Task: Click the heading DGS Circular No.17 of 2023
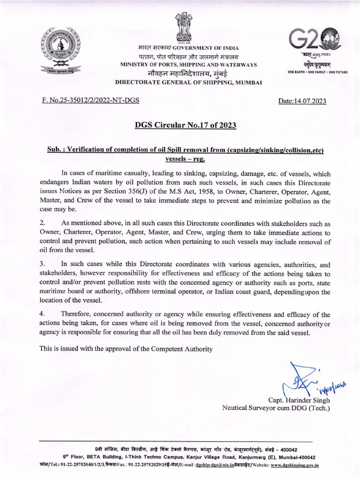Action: click(180, 125)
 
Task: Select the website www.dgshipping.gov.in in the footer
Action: click(294, 465)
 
